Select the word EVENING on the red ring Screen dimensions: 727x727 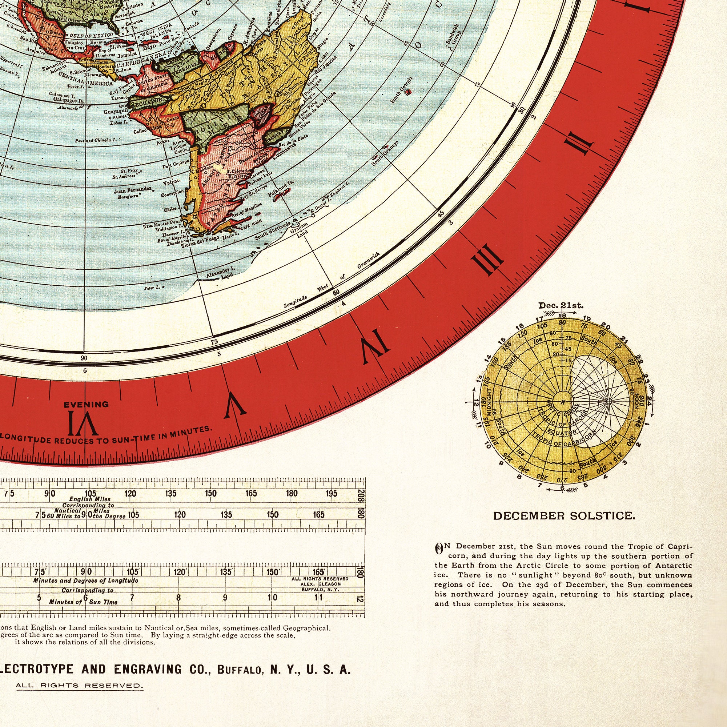[x=86, y=405]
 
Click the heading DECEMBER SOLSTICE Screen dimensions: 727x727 [x=564, y=516]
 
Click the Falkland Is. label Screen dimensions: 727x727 [x=280, y=188]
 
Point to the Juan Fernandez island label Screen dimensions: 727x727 [x=132, y=191]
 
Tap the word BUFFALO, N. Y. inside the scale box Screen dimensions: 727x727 [x=320, y=590]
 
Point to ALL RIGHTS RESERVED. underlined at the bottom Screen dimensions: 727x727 [x=79, y=685]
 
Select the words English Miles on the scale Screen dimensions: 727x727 [x=90, y=499]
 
